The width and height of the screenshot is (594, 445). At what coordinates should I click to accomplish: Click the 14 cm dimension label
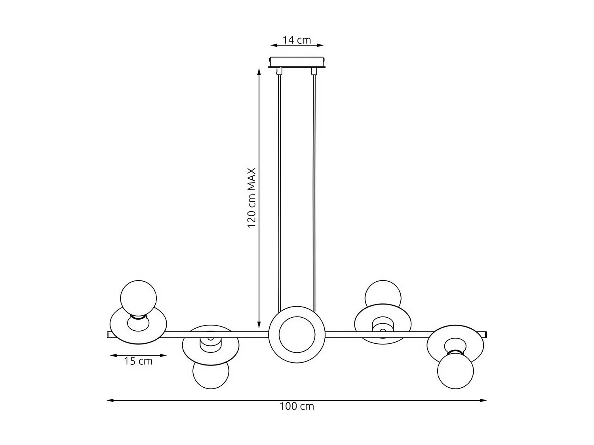point(297,40)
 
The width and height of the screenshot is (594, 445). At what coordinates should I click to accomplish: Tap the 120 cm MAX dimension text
point(252,198)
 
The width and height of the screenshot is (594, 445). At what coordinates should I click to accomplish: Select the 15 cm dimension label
point(138,361)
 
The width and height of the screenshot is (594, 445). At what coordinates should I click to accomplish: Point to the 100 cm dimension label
point(297,406)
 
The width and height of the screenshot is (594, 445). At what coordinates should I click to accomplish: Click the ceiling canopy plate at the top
point(297,62)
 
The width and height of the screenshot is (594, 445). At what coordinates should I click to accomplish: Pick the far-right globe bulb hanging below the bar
point(455,371)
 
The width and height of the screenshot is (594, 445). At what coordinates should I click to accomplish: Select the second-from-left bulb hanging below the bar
point(211,374)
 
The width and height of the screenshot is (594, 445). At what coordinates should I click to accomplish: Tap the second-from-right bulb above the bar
point(383,293)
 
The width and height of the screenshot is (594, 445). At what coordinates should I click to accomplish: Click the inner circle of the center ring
point(297,334)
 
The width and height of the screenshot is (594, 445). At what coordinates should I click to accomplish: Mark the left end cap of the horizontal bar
point(109,335)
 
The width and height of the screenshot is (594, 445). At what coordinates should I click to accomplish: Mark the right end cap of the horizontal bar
point(485,335)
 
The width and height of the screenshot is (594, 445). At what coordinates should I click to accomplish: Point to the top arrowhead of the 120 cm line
point(259,72)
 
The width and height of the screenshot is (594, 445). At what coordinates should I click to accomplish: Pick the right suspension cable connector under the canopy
point(314,72)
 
